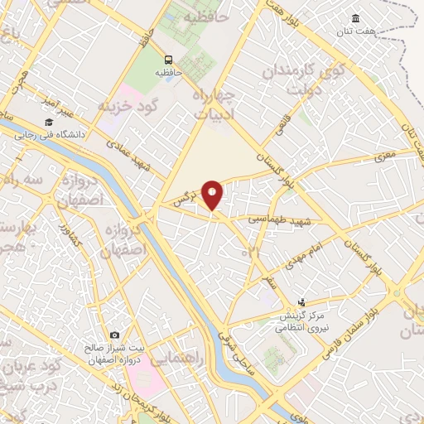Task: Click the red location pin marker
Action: click(213, 195)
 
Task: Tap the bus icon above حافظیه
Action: click(168, 60)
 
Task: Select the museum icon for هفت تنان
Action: click(355, 19)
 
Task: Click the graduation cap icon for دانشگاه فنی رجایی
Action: click(49, 123)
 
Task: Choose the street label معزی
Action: click(385, 155)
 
